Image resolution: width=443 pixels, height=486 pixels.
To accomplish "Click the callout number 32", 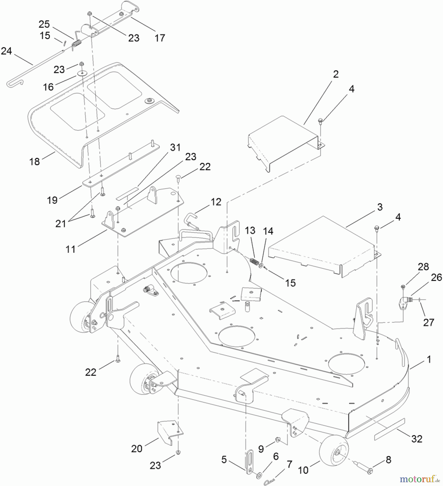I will coord(417,439).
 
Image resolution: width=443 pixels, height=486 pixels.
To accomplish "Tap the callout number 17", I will coord(160,38).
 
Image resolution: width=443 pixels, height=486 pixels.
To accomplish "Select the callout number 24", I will coord(6,51).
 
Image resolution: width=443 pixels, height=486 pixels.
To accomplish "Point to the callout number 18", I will coord(35,161).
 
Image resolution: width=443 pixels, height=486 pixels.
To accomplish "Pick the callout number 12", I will coord(216,202).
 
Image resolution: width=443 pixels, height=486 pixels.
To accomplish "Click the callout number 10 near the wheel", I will coord(303,470).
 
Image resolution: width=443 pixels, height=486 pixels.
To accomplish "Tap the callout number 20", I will coord(137,448).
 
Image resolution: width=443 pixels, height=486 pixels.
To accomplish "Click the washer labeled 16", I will coord(81,73).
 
